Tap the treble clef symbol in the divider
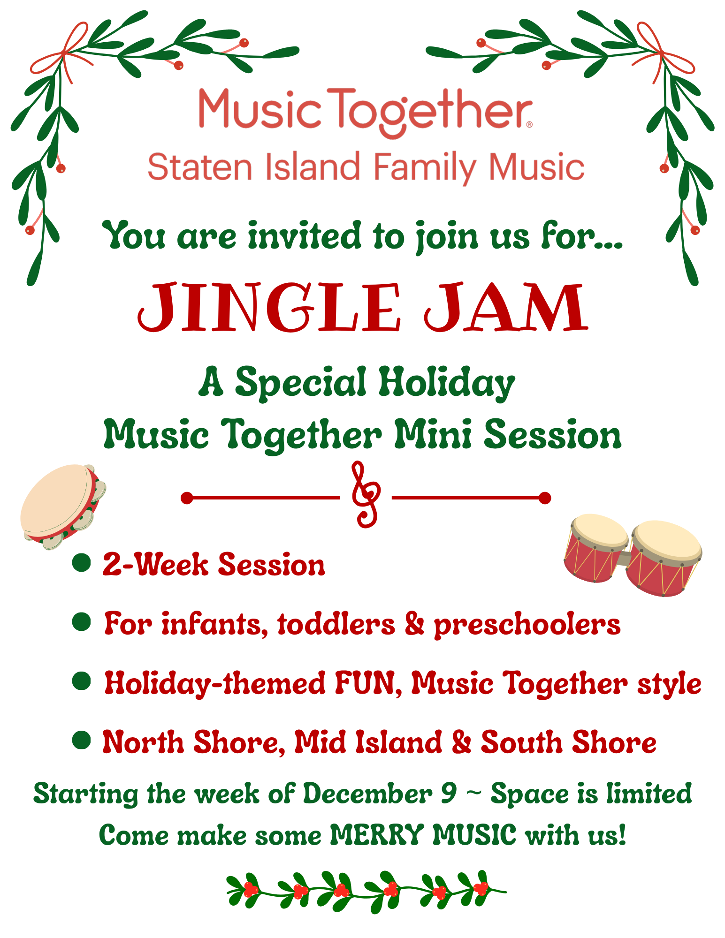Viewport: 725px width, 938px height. (x=366, y=494)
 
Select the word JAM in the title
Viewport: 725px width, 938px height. (x=506, y=307)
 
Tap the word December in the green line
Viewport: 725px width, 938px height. (x=367, y=793)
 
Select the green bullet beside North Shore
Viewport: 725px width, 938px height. (x=82, y=741)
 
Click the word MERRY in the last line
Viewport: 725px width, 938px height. (x=377, y=835)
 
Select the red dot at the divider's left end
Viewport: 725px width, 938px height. (x=187, y=498)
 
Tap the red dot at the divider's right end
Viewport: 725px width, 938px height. (x=545, y=498)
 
